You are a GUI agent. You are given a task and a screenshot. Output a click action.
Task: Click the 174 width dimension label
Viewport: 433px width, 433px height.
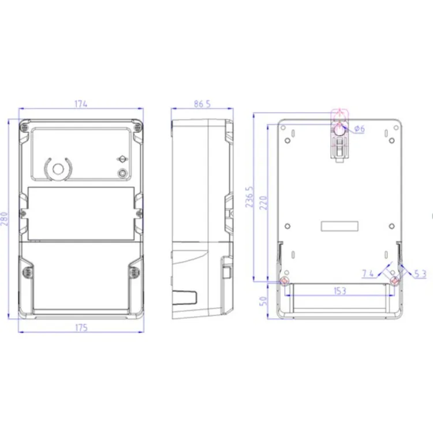(81, 104)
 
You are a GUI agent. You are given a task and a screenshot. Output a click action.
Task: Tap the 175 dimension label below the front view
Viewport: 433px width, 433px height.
(81, 328)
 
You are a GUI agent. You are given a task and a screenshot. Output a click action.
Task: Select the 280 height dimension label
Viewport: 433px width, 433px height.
(4, 219)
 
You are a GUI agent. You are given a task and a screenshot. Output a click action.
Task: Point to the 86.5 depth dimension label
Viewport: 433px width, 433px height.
(202, 104)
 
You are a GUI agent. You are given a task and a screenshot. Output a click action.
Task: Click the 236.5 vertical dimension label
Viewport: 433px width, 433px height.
(249, 197)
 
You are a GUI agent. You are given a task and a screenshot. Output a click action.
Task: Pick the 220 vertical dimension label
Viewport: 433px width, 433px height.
(264, 203)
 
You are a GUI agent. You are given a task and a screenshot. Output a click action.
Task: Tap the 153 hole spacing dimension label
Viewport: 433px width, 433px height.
(339, 291)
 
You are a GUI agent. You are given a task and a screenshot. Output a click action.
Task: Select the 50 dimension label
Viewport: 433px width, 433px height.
(264, 301)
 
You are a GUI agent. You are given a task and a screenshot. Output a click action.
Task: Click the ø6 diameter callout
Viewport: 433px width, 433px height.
(360, 129)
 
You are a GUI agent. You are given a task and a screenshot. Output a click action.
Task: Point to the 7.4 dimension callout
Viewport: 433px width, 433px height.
(368, 274)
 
